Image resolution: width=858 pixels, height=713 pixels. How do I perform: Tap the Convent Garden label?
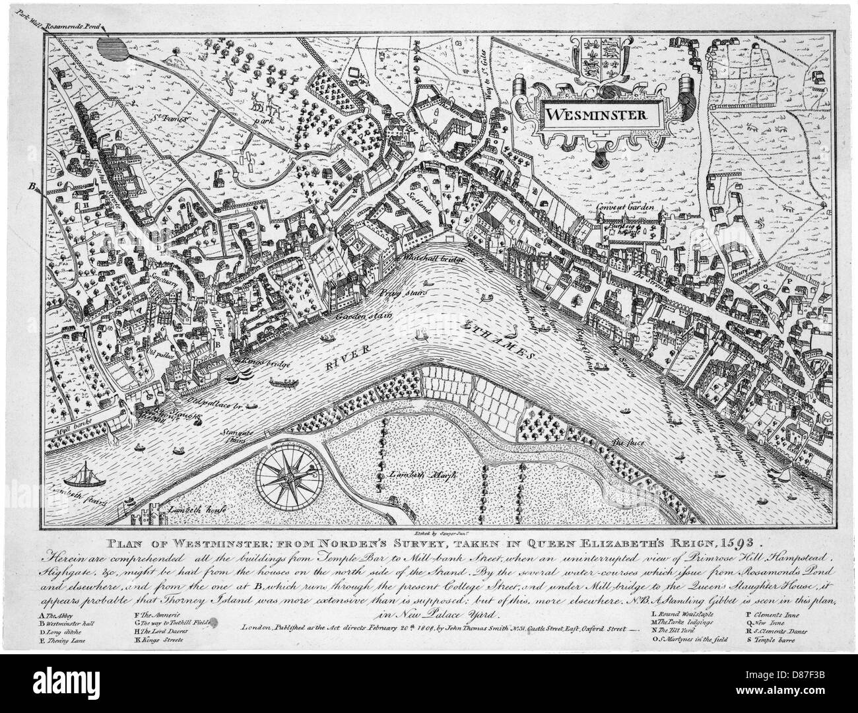pyautogui.click(x=625, y=207)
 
